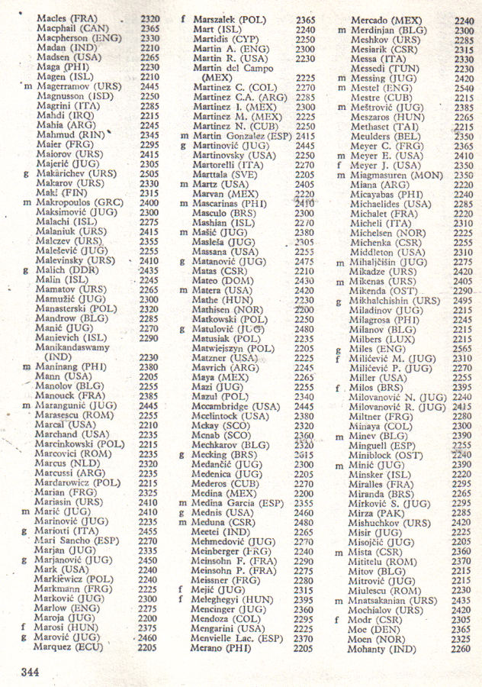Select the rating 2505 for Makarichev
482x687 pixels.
(x=149, y=173)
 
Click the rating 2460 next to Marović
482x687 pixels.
(x=149, y=637)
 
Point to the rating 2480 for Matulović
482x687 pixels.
(x=304, y=329)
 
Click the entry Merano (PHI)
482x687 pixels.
(x=222, y=647)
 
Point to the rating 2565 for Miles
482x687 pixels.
(x=462, y=348)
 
